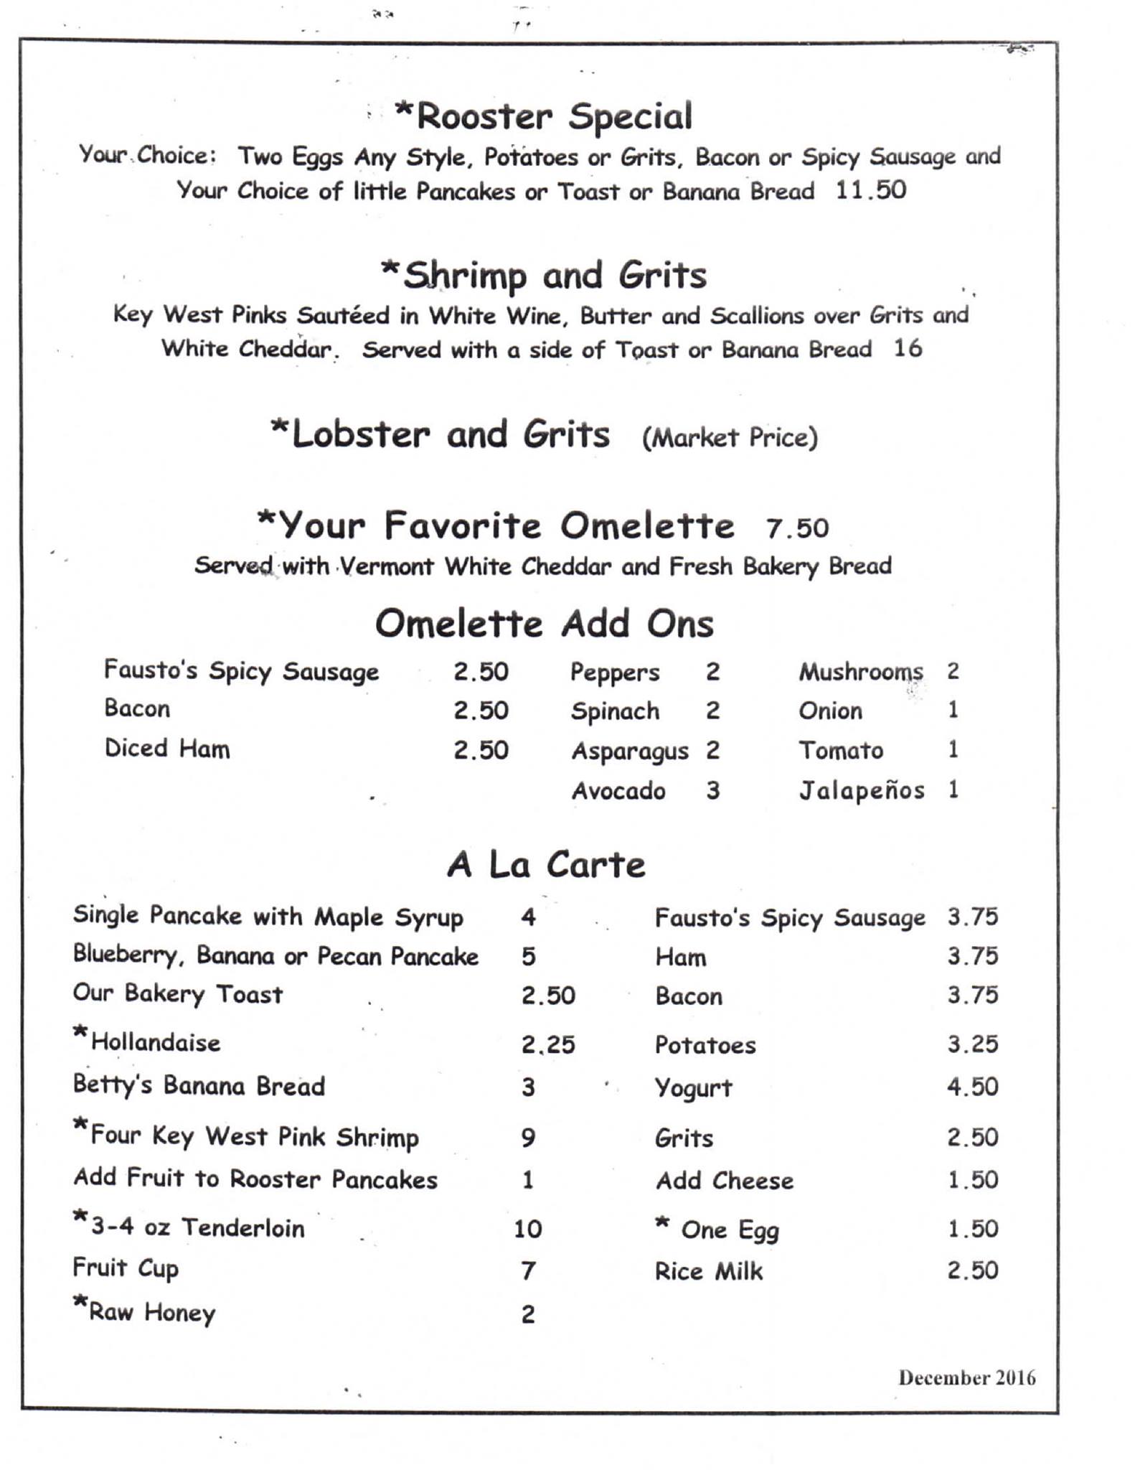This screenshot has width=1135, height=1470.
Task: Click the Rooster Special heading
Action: [544, 117]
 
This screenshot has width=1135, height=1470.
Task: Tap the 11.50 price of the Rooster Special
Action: [870, 190]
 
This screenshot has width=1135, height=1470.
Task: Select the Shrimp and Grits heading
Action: [544, 276]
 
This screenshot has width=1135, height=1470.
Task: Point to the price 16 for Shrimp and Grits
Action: [908, 349]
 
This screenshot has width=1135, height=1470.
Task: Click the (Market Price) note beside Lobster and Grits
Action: [730, 437]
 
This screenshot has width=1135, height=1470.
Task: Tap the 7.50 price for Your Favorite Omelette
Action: [797, 528]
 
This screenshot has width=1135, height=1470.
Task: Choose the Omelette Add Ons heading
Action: [544, 623]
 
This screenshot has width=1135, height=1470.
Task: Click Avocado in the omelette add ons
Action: [618, 791]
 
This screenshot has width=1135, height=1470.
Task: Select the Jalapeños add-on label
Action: [862, 790]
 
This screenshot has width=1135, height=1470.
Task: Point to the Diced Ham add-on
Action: [167, 749]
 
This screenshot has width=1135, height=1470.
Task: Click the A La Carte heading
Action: [546, 864]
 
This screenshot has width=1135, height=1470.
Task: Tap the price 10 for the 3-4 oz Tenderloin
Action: [527, 1229]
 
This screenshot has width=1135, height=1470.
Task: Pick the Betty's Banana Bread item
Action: [199, 1087]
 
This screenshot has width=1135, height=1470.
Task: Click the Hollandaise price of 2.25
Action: [548, 1044]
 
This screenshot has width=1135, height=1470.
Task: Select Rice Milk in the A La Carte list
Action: [708, 1271]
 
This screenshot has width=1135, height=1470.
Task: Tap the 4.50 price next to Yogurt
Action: [972, 1087]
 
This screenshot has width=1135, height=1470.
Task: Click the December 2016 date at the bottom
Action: [966, 1377]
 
